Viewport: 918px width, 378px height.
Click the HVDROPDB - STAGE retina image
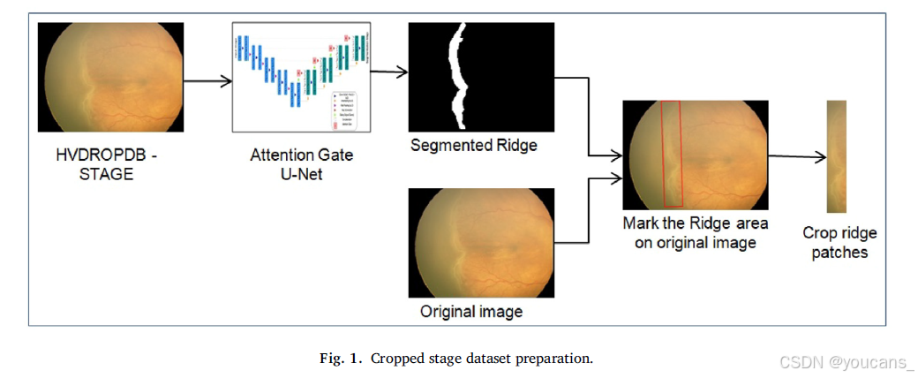[110, 78]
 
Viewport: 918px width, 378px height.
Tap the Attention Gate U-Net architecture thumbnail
[301, 77]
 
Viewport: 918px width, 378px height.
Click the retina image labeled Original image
[481, 243]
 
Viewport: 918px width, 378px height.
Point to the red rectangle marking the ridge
[672, 155]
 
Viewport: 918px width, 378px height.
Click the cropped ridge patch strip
[837, 157]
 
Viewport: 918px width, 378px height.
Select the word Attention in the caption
[279, 155]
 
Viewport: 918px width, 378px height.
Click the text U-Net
[302, 174]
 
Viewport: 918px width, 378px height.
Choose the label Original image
[471, 312]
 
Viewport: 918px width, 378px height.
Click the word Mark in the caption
[641, 223]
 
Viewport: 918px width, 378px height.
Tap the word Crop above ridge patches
[819, 233]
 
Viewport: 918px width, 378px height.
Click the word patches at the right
[839, 253]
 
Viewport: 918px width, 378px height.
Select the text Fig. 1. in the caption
[341, 359]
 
